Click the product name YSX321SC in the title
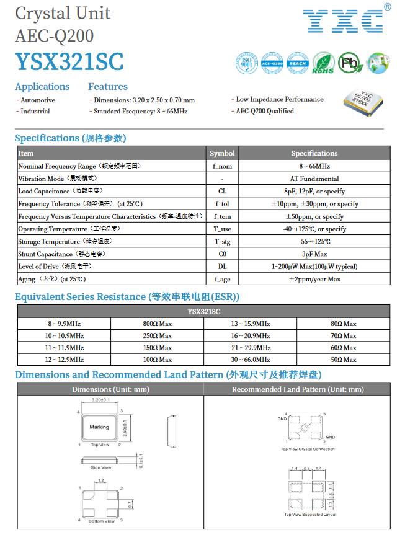point(69,61)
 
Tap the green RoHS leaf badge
point(323,63)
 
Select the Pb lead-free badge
point(349,63)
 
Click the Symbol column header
point(222,153)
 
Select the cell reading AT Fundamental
point(314,179)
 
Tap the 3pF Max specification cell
point(314,254)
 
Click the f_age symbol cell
point(222,279)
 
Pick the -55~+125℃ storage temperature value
point(314,241)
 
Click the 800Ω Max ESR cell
point(157,324)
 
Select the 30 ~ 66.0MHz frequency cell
point(251,360)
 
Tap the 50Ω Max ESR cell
point(344,360)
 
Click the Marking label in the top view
point(99,427)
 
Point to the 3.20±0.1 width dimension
point(100,402)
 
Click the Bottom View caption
point(101,521)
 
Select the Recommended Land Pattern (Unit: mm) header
point(298,389)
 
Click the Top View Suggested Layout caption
point(310,515)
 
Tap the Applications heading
point(42,87)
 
